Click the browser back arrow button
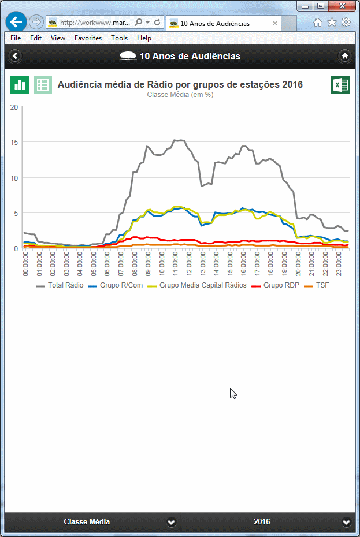click(x=16, y=22)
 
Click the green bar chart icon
click(x=20, y=85)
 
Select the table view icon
click(x=43, y=85)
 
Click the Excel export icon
click(x=340, y=85)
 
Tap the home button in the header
click(x=345, y=56)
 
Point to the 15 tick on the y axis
click(x=14, y=142)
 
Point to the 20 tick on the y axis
click(x=14, y=107)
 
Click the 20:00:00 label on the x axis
click(x=297, y=263)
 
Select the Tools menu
click(x=120, y=38)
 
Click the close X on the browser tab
click(x=275, y=24)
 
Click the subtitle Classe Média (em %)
click(x=180, y=95)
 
